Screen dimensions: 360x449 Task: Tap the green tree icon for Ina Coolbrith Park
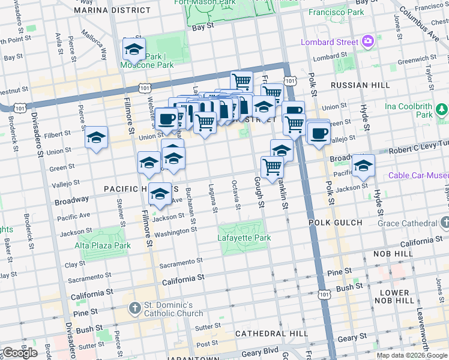click(442, 110)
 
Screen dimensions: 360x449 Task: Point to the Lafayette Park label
click(244, 238)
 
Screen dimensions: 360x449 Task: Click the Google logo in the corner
click(19, 352)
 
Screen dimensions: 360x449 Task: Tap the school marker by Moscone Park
click(134, 49)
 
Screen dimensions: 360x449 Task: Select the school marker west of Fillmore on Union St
click(96, 137)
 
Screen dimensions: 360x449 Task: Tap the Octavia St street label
click(236, 195)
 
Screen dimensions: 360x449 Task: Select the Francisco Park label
click(336, 12)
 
